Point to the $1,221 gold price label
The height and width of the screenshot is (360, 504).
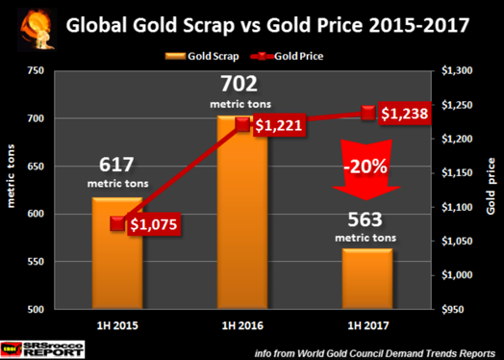(x=277, y=125)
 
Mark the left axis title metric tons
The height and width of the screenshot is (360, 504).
(x=13, y=192)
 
